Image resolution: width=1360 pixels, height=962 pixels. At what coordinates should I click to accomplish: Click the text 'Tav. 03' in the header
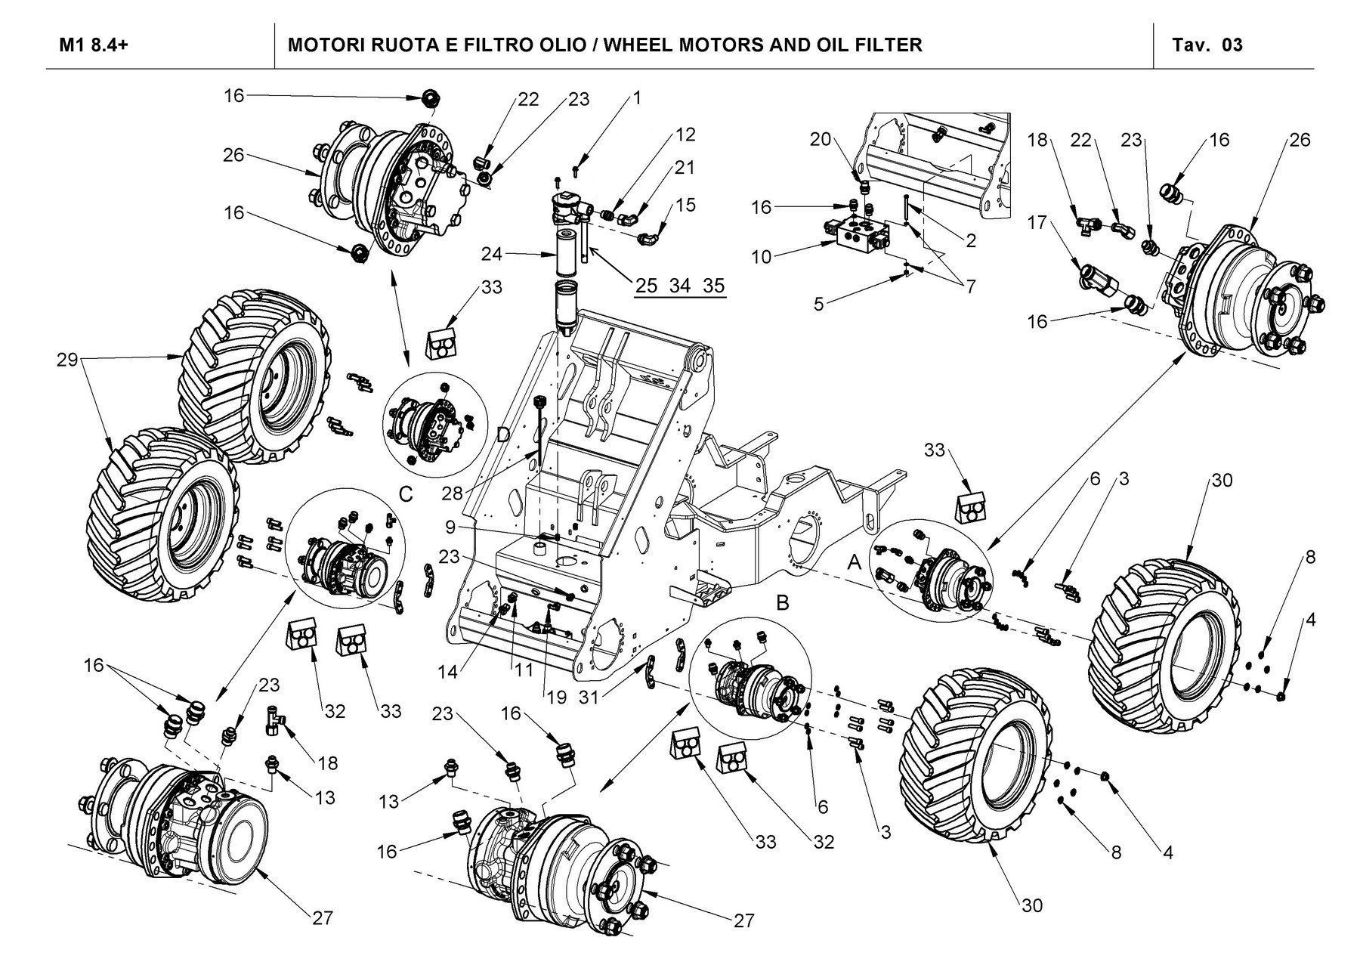pos(1207,45)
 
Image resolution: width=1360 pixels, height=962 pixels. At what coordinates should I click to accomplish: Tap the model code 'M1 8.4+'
pos(94,45)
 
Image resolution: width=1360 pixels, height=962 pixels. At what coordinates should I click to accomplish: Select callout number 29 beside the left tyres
pos(67,360)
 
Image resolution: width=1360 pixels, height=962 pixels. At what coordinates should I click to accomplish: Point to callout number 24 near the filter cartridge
pos(491,255)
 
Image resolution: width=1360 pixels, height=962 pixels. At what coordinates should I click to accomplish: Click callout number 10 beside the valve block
pos(762,257)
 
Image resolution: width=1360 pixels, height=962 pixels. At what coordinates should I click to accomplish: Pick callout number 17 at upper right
pos(1037,223)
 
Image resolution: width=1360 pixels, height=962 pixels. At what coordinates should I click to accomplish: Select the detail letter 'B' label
pos(783,602)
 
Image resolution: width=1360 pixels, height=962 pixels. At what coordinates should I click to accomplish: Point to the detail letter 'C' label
pos(406,495)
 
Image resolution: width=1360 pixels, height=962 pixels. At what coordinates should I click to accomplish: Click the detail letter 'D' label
pos(504,436)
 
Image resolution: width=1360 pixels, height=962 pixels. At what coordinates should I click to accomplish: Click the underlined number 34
pos(680,286)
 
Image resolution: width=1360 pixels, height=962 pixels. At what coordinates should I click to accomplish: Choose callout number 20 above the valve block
pos(821,139)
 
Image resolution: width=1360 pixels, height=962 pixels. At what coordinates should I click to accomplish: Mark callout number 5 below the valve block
pos(819,305)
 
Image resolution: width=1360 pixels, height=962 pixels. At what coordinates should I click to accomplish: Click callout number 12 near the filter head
pos(685,135)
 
